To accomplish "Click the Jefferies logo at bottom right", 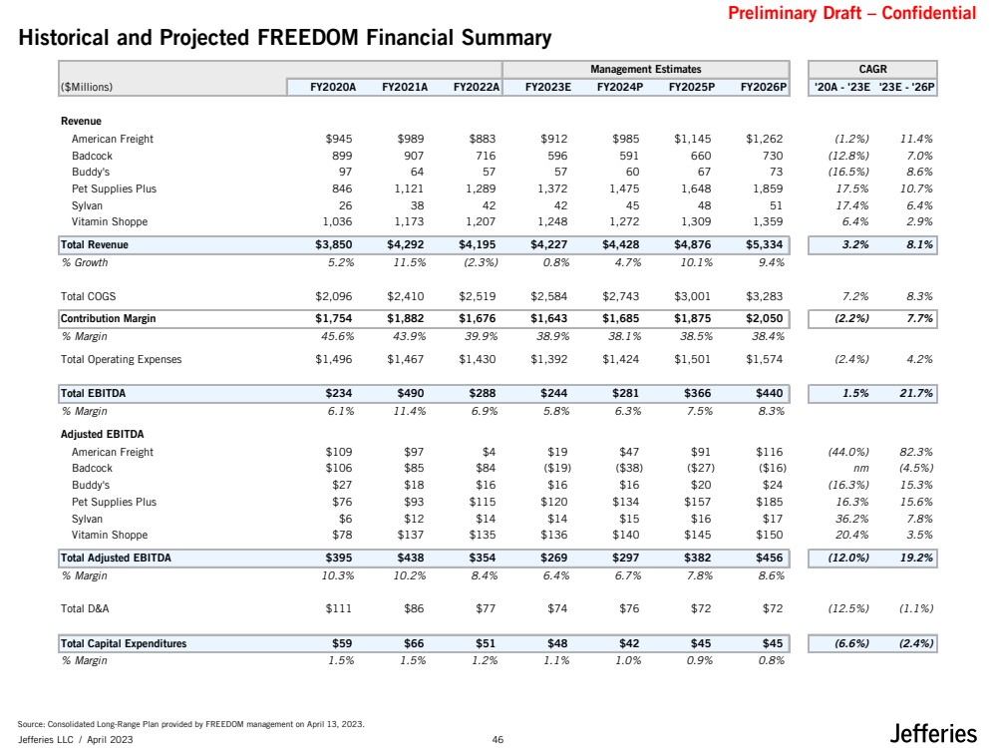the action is (932, 733).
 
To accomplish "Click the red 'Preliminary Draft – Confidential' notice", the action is (851, 13).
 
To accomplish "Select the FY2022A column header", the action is (477, 87).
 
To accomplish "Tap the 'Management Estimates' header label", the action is (645, 69).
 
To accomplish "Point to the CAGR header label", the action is (872, 69).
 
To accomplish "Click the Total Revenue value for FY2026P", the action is (764, 244).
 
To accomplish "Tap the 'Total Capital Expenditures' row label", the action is (124, 643).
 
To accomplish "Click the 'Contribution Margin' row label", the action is (108, 318).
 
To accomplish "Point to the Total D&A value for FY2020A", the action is (339, 608).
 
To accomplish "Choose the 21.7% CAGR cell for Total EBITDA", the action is (916, 393).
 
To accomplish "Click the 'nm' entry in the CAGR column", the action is (860, 469).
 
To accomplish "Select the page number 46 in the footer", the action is (498, 739).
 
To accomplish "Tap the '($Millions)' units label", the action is (87, 87).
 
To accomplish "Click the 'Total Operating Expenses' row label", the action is (122, 360).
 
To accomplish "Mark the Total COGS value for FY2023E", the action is (548, 297).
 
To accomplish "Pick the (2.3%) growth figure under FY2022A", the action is (481, 262).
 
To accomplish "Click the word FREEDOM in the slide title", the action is (308, 38).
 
